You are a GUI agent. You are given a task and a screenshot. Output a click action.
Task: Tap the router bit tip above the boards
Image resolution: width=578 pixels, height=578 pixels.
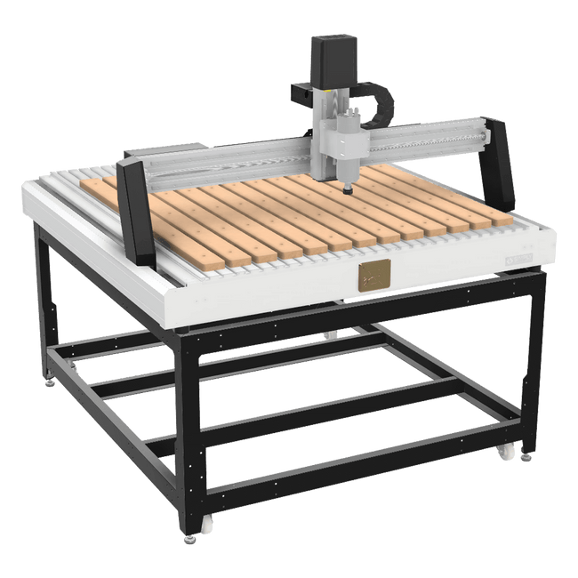pos(345,189)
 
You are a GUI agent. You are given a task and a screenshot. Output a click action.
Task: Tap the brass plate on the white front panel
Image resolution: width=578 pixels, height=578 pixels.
pos(373,276)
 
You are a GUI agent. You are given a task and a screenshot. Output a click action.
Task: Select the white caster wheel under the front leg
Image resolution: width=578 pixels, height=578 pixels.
pos(207,526)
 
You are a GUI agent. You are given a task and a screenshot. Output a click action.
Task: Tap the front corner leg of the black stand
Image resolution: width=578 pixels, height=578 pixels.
pos(189,427)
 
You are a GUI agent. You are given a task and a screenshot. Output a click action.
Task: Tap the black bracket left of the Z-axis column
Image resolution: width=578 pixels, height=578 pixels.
pos(299,91)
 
